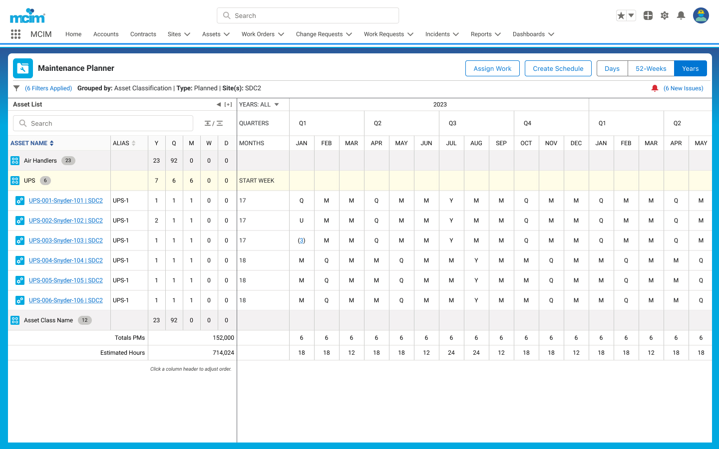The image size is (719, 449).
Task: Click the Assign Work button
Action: [492, 68]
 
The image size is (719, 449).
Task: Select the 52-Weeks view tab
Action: [651, 68]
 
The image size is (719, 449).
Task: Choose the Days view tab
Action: [612, 68]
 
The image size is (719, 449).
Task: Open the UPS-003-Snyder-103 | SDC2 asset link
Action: [66, 240]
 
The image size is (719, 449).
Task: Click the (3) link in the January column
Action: [302, 240]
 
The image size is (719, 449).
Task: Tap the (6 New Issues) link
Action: [684, 88]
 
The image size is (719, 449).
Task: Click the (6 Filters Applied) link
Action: [48, 88]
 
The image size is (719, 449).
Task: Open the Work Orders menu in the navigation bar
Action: [263, 34]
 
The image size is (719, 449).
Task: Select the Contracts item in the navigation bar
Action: [143, 34]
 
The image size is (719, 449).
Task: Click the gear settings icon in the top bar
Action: [665, 15]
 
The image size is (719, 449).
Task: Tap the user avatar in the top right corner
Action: [701, 15]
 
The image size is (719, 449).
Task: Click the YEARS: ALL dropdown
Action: [259, 105]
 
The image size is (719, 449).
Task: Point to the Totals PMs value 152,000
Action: [223, 338]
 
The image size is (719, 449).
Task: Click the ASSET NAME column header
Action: [32, 143]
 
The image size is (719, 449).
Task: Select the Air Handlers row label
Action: [40, 161]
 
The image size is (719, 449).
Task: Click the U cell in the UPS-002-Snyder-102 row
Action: [302, 221]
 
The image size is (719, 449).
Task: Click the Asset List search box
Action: [103, 124]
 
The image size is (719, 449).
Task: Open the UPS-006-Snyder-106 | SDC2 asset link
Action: [66, 300]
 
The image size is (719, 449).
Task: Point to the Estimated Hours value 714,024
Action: [223, 353]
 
